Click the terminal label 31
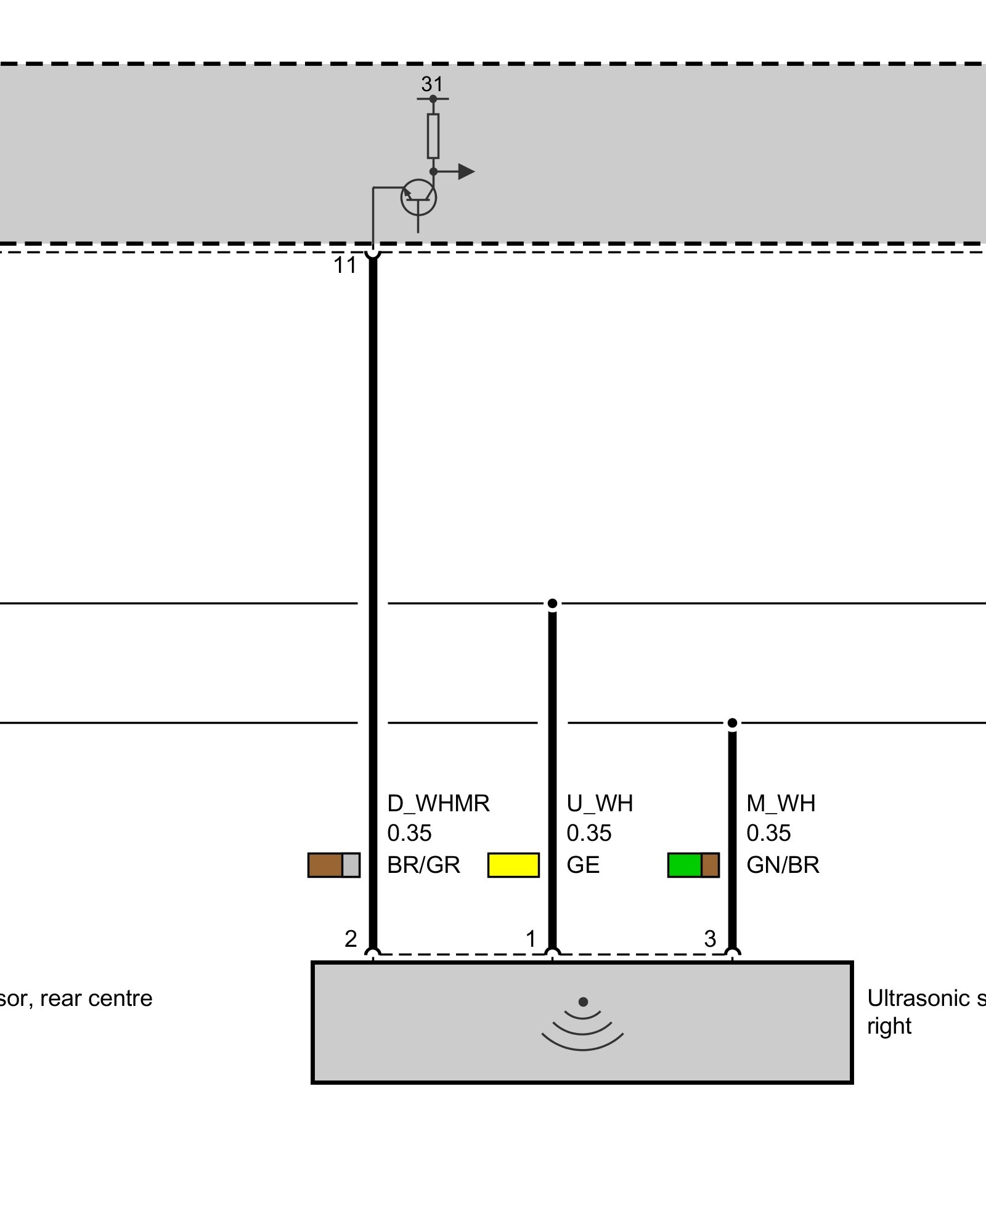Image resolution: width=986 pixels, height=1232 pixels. (432, 84)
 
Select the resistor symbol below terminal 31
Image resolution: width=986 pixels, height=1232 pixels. (433, 136)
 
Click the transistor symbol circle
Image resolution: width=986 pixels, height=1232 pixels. (418, 198)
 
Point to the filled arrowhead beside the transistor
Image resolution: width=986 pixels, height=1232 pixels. (466, 171)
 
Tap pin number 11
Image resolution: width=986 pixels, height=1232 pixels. (345, 265)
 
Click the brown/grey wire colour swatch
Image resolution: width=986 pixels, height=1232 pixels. (333, 865)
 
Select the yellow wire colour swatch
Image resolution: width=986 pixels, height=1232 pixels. (513, 865)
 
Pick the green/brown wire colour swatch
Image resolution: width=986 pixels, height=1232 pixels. (693, 865)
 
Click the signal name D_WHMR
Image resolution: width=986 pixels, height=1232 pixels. (438, 803)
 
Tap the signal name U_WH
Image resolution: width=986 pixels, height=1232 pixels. (600, 803)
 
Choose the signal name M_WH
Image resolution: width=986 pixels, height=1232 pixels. (780, 803)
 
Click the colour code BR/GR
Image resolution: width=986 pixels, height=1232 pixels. (423, 865)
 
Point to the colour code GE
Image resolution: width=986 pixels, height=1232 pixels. (583, 865)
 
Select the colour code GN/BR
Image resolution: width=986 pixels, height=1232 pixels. (783, 865)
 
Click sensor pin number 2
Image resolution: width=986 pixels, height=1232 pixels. (351, 939)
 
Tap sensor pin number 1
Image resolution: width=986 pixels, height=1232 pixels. (531, 939)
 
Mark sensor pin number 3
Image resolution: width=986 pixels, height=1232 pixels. (710, 939)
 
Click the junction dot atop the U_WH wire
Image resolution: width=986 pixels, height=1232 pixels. (552, 603)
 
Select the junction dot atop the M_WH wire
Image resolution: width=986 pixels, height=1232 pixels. (732, 723)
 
